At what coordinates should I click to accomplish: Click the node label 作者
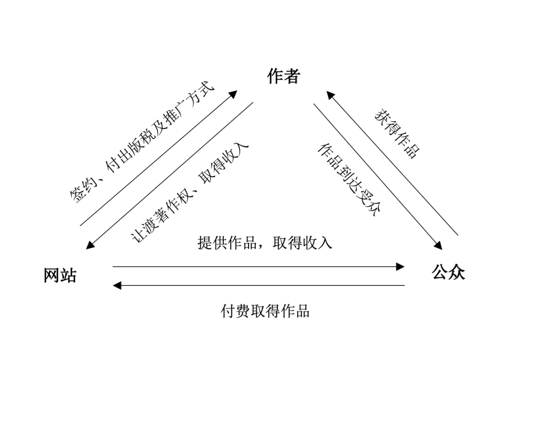(284, 76)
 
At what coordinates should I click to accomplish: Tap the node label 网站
(60, 275)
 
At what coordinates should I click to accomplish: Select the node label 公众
(448, 272)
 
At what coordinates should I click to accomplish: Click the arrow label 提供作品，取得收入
(264, 243)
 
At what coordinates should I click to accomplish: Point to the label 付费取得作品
(265, 310)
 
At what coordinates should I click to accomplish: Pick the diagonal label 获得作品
(398, 133)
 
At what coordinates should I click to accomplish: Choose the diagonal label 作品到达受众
(349, 180)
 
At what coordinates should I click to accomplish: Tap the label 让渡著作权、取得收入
(190, 193)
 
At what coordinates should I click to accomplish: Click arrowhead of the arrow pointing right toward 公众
(400, 267)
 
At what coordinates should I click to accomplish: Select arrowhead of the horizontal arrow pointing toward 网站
(117, 285)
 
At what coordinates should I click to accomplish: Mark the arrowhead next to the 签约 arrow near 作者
(233, 94)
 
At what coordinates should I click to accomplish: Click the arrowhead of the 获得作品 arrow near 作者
(330, 95)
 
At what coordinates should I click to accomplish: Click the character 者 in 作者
(292, 76)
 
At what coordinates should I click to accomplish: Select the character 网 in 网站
(52, 275)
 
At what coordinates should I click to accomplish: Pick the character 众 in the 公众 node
(457, 272)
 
